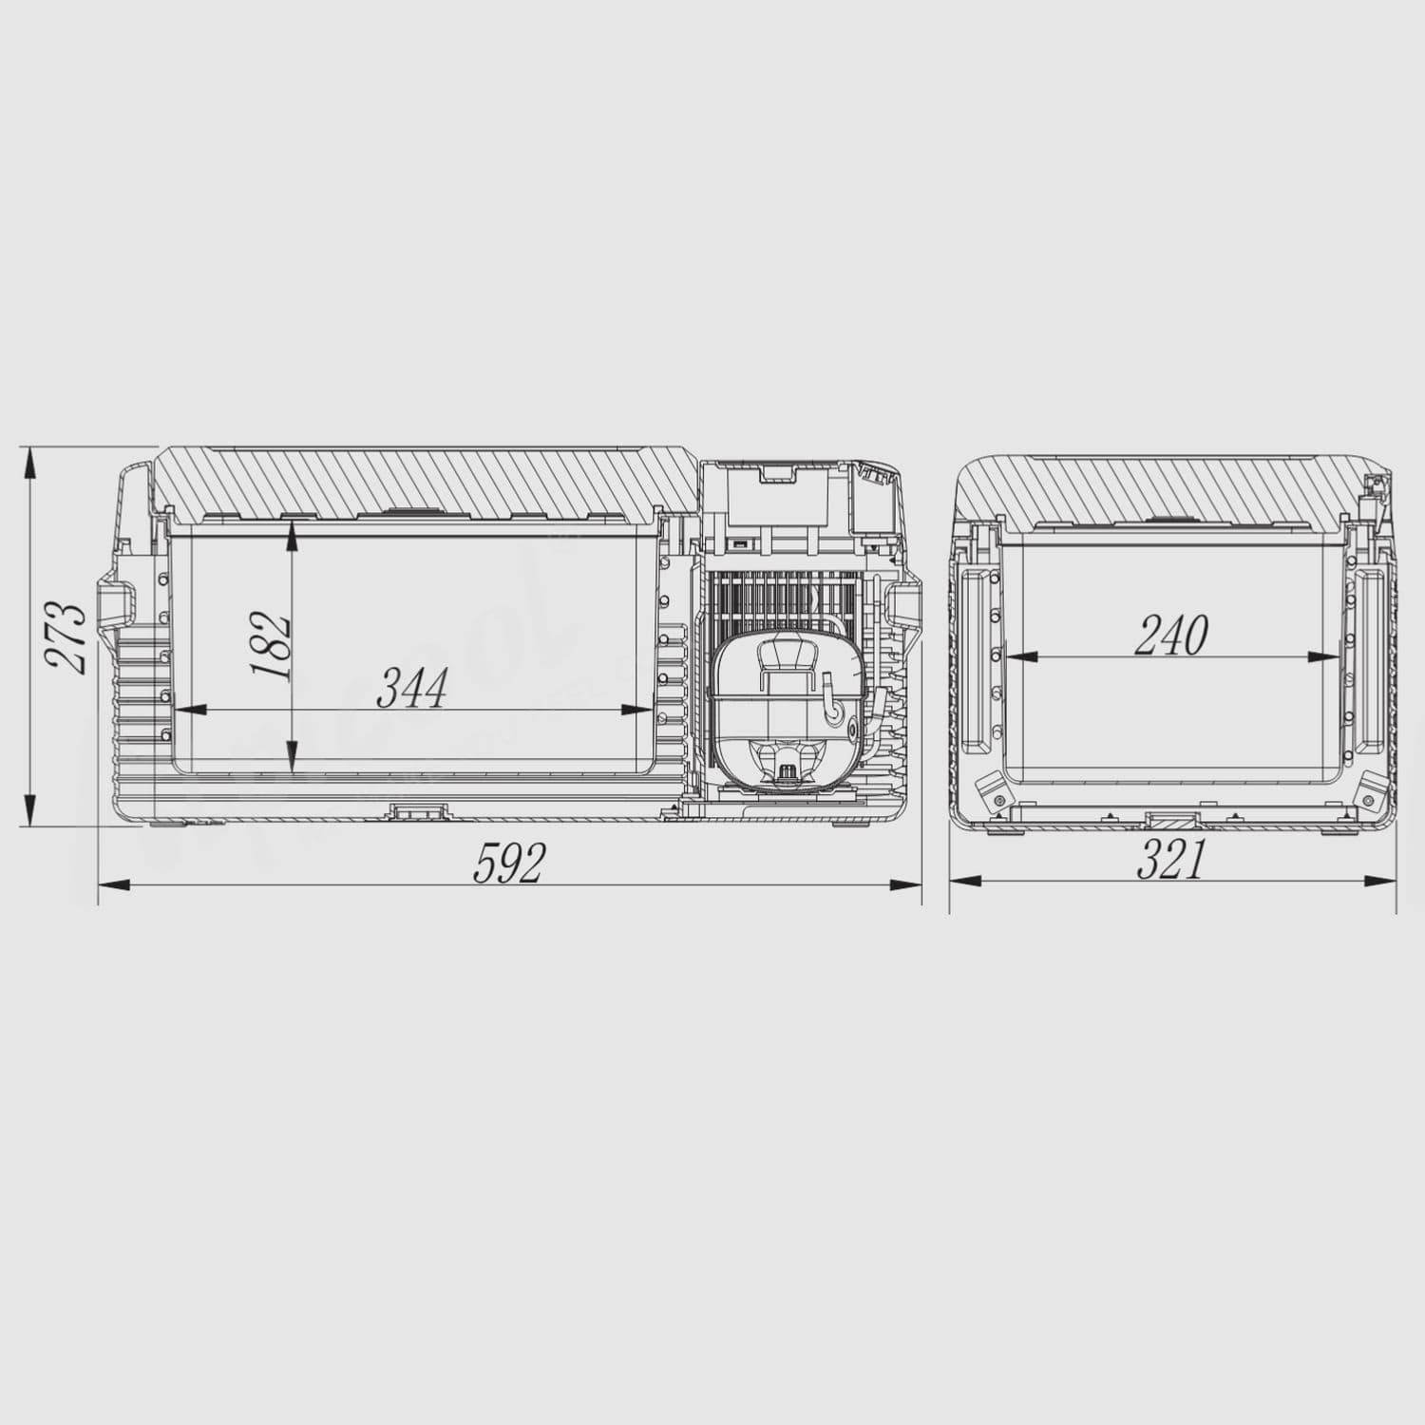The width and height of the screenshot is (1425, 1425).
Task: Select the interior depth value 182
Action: pyautogui.click(x=270, y=645)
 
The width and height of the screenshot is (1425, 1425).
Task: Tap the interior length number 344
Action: pyautogui.click(x=411, y=688)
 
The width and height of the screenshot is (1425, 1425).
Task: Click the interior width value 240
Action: pyautogui.click(x=1170, y=636)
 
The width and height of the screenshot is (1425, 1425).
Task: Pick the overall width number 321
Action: pyautogui.click(x=1170, y=860)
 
